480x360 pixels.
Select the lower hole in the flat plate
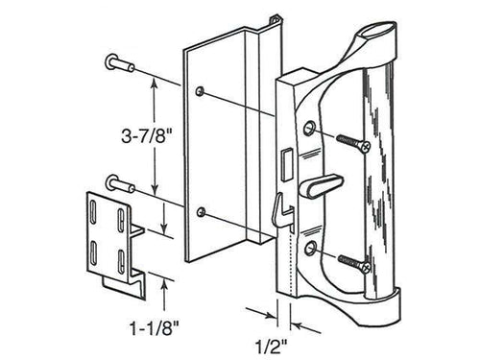coord(201,210)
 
